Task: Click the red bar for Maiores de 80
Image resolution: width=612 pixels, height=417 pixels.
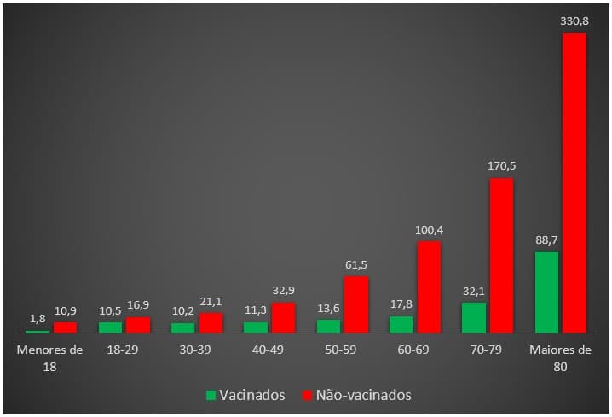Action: pyautogui.click(x=574, y=182)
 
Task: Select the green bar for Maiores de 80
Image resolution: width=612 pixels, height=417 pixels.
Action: pyautogui.click(x=546, y=292)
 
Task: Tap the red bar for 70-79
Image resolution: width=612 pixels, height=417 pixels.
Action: pyautogui.click(x=501, y=255)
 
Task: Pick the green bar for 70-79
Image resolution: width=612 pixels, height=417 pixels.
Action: pyautogui.click(x=474, y=317)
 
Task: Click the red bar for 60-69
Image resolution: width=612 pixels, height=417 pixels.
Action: pyautogui.click(x=429, y=287)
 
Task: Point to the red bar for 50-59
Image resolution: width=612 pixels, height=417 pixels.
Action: pyautogui.click(x=356, y=304)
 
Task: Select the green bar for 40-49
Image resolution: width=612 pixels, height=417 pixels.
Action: pyautogui.click(x=256, y=327)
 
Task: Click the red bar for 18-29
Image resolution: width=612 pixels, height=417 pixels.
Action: pyautogui.click(x=138, y=324)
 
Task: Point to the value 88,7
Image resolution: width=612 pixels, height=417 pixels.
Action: pyautogui.click(x=546, y=240)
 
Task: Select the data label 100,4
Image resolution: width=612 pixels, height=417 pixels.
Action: pyautogui.click(x=429, y=229)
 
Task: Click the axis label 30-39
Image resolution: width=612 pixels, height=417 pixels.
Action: pyautogui.click(x=197, y=350)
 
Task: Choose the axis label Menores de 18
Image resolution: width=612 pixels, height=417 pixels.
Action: pyautogui.click(x=51, y=357)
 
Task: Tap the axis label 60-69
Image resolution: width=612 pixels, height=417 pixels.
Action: pyautogui.click(x=415, y=350)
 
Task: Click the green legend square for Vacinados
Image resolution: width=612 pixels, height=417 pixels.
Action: pyautogui.click(x=211, y=396)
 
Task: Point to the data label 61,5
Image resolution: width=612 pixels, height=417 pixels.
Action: pyautogui.click(x=356, y=264)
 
